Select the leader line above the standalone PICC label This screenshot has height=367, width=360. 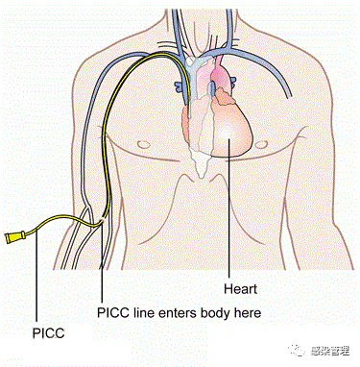(36, 279)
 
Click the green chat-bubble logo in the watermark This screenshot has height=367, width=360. (286, 352)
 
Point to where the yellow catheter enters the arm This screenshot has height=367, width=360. (102, 224)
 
